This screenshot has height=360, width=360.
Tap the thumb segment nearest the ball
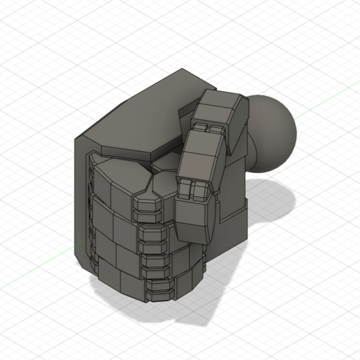(220, 110)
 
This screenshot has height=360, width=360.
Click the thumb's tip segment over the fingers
(194, 220)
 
